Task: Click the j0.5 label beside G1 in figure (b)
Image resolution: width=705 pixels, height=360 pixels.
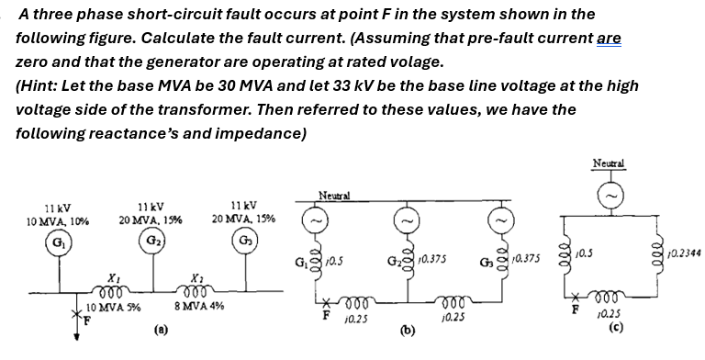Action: (x=336, y=261)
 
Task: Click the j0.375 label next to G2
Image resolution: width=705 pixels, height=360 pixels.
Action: (x=429, y=260)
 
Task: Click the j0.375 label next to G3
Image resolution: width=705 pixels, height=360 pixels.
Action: (x=526, y=261)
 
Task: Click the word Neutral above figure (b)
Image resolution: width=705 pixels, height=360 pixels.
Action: (x=331, y=195)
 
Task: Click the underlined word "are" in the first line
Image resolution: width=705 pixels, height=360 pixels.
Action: (x=609, y=39)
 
